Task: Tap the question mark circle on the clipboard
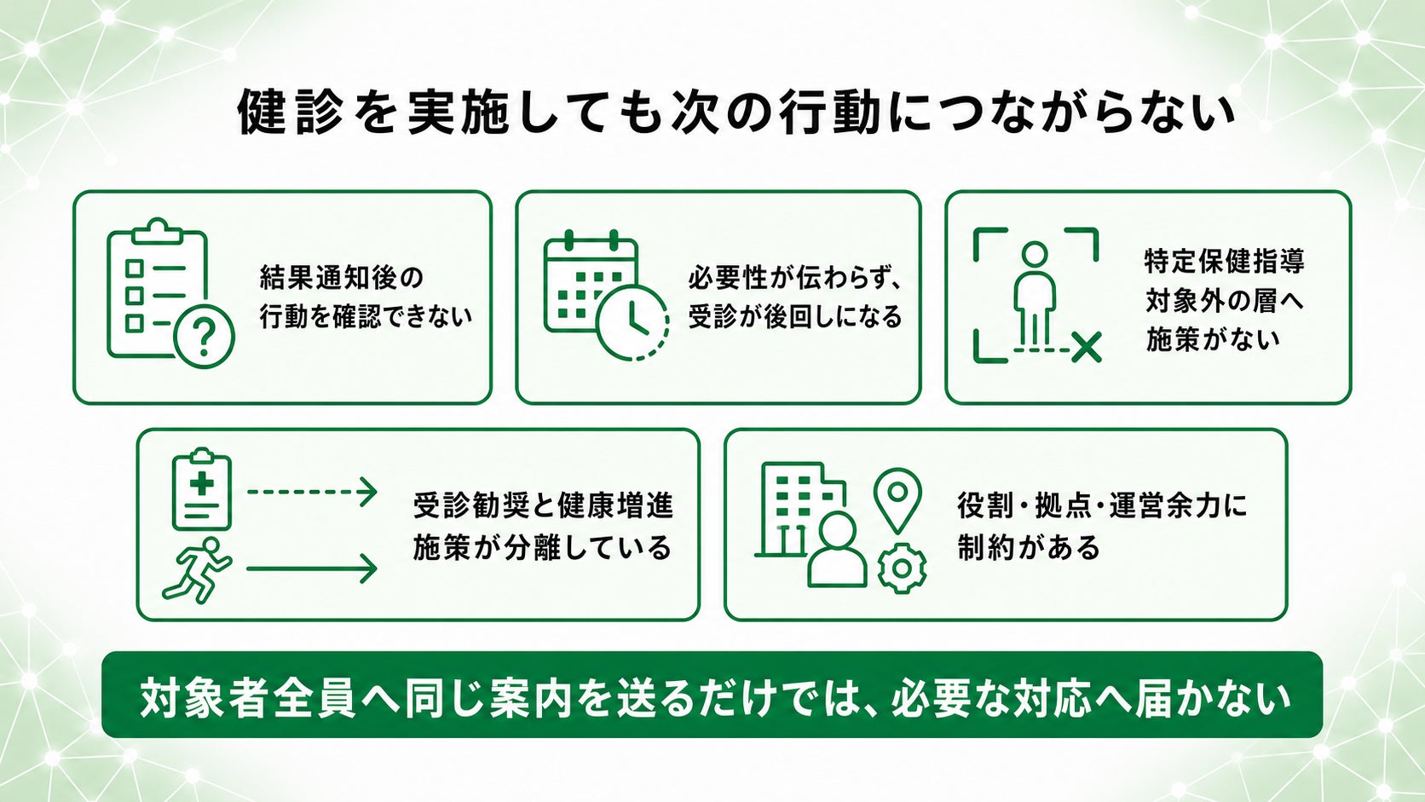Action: coord(205,338)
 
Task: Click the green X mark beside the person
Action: coord(1086,347)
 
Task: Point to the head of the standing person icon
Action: coord(1035,254)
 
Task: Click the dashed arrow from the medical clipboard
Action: coord(312,492)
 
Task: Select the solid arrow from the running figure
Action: coord(312,568)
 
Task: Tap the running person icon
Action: coord(197,570)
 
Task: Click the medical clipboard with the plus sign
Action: coord(202,489)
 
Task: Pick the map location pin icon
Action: coord(897,500)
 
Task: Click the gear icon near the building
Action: coord(902,568)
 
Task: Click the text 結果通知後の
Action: coord(341,278)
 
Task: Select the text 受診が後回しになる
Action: coord(795,317)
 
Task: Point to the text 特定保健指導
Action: coord(1225,261)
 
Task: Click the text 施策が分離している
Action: coord(543,547)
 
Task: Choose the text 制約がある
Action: coord(1029,547)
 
